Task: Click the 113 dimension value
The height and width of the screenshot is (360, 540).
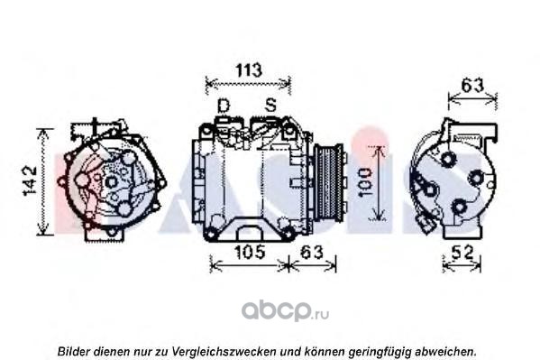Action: (249, 70)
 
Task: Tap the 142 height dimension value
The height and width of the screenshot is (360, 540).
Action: (30, 180)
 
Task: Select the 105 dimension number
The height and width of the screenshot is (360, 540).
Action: (250, 252)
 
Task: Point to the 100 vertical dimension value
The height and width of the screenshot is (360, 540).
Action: (366, 182)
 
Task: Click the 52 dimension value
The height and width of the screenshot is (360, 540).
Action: (462, 253)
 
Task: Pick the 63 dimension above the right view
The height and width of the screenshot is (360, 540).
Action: (472, 86)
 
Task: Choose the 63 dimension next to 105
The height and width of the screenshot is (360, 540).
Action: (312, 252)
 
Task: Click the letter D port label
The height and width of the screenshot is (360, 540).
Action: (224, 106)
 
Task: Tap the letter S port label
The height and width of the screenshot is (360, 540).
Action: (270, 105)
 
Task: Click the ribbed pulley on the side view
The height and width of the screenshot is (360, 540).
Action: (328, 183)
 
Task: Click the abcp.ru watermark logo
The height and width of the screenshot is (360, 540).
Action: (285, 310)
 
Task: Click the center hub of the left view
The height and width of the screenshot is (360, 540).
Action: (111, 181)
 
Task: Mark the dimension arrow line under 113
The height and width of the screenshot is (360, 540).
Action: (248, 83)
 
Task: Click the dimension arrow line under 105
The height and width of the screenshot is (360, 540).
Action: (249, 265)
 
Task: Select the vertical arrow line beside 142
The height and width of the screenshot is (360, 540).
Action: (43, 181)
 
